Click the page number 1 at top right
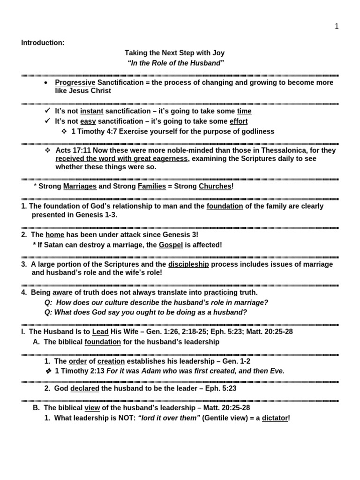tap(337, 26)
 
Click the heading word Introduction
tap(42, 43)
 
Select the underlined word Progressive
tap(75, 82)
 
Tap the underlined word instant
tap(91, 111)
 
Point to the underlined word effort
tap(239, 121)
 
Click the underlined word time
tap(244, 111)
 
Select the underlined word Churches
tap(215, 186)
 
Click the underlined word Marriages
tap(80, 186)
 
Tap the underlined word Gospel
tap(171, 245)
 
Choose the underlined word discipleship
tap(188, 264)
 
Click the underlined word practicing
tap(221, 292)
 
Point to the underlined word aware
tap(62, 292)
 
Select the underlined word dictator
tap(275, 418)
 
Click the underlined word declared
tap(85, 389)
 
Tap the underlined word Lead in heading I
tap(100, 331)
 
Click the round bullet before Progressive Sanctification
tap(46, 83)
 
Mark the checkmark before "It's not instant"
tap(47, 111)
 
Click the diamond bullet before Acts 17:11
tap(47, 150)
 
